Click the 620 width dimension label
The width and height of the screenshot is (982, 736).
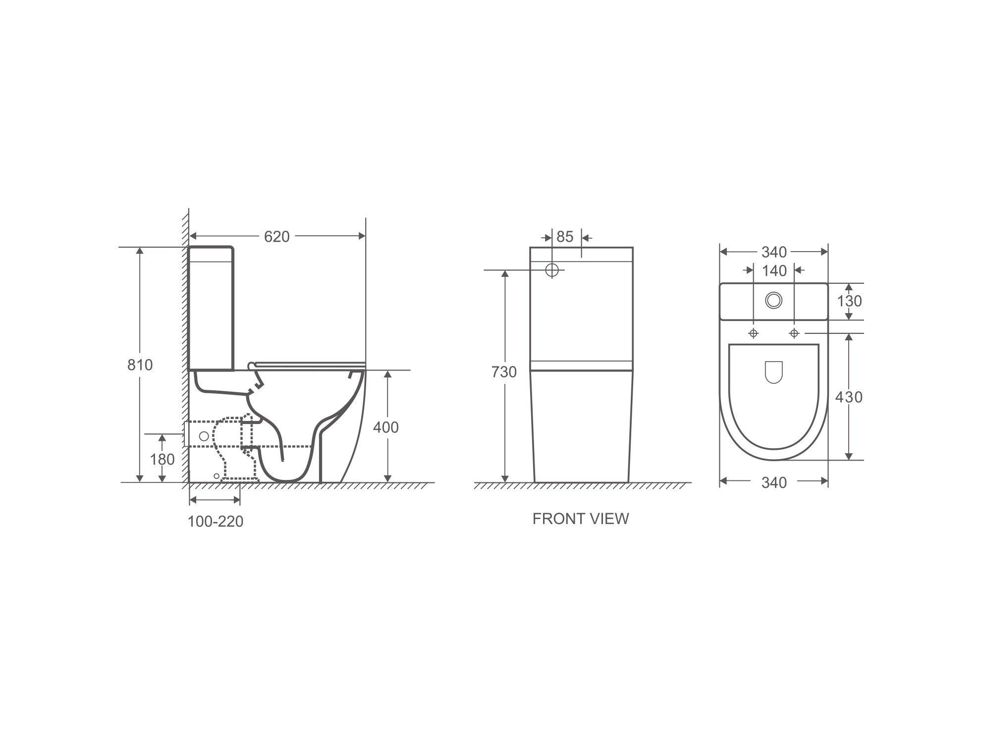point(276,237)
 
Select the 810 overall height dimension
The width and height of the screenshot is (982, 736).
point(140,365)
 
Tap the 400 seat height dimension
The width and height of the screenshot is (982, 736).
point(385,427)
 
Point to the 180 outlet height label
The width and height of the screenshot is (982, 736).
point(162,460)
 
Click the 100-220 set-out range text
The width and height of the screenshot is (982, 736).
point(215,522)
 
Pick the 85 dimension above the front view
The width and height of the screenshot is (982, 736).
point(565,237)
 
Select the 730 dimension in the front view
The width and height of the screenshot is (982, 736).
point(504,372)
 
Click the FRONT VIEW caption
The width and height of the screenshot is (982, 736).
point(580,519)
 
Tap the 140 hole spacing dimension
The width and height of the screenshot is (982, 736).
point(774,271)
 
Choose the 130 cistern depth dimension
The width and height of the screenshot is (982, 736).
point(849,301)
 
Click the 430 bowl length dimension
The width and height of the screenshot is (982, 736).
point(849,397)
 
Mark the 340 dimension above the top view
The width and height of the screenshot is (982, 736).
point(774,252)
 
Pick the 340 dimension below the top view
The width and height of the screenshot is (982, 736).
point(774,482)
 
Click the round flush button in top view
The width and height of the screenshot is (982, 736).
point(773,300)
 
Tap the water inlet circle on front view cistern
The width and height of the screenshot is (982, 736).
point(552,270)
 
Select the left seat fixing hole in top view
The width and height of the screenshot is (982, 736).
point(753,333)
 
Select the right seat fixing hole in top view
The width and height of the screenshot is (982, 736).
point(794,333)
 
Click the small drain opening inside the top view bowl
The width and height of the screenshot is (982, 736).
point(773,371)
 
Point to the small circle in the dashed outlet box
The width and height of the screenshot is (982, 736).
point(204,436)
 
